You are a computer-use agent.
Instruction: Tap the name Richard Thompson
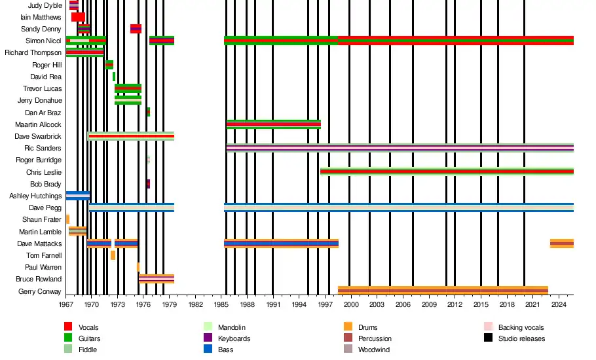[33, 52]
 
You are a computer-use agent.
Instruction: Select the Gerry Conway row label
[40, 291]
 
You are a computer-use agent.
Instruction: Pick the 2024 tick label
[559, 304]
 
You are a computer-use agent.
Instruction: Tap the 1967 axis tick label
[66, 304]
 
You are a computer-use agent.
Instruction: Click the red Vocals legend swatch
[68, 327]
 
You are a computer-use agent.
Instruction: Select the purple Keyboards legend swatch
[208, 338]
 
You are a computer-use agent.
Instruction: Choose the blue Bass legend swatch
[208, 350]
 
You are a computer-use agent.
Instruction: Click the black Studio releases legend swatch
[488, 338]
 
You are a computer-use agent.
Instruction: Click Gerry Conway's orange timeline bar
[443, 290]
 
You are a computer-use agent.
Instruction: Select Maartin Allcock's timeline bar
[274, 124]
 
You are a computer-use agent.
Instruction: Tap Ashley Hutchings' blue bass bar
[78, 195]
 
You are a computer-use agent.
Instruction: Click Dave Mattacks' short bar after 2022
[562, 243]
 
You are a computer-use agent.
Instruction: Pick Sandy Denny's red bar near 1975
[136, 29]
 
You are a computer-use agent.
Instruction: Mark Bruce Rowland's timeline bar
[157, 278]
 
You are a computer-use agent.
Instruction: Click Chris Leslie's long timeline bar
[447, 171]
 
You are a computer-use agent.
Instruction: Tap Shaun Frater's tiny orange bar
[67, 219]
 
